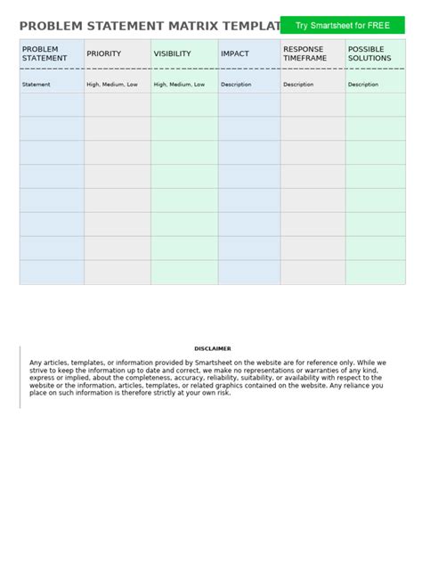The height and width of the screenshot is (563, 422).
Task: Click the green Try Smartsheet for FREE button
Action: click(343, 26)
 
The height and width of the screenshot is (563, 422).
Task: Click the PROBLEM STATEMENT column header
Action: click(45, 53)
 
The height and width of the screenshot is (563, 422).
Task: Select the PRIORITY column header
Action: click(104, 53)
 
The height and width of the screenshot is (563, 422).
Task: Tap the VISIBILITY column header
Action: click(173, 53)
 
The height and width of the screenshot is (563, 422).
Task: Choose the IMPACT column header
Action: click(235, 53)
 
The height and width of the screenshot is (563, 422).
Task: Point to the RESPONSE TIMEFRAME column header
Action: click(304, 53)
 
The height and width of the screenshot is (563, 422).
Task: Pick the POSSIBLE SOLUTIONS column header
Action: click(369, 53)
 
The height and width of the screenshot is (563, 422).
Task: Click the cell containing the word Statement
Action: click(37, 85)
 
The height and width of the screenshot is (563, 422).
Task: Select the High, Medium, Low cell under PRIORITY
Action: click(112, 85)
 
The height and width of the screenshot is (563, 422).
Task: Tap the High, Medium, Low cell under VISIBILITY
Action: click(179, 85)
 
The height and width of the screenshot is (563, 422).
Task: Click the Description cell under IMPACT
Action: click(236, 85)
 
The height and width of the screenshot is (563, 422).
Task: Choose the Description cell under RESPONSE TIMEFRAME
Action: click(298, 85)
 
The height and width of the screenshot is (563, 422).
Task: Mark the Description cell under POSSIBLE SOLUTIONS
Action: click(363, 85)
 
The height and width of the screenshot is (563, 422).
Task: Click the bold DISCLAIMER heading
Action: click(212, 348)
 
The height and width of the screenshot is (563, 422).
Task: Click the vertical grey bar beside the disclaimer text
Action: click(20, 377)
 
